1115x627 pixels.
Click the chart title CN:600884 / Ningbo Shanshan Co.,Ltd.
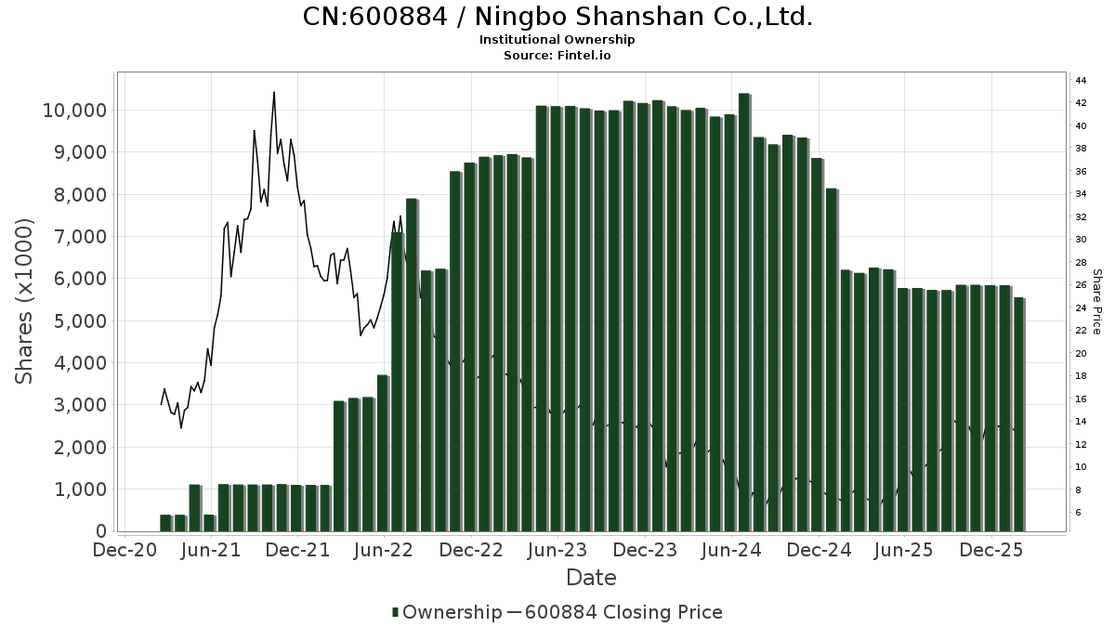[557, 17]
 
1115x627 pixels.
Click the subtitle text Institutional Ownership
[557, 40]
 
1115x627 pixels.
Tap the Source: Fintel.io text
[557, 56]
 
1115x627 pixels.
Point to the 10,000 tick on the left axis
[74, 111]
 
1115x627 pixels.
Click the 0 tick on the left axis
[99, 531]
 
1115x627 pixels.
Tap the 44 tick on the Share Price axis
[1082, 80]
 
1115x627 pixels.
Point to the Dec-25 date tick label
[992, 550]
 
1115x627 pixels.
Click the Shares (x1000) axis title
[25, 301]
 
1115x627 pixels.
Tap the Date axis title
[591, 578]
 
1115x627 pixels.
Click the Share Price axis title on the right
[1096, 301]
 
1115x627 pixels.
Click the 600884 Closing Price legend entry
[623, 612]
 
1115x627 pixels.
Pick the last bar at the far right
[1019, 414]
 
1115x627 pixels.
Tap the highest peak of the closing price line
[273, 93]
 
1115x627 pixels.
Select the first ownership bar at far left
[165, 523]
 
